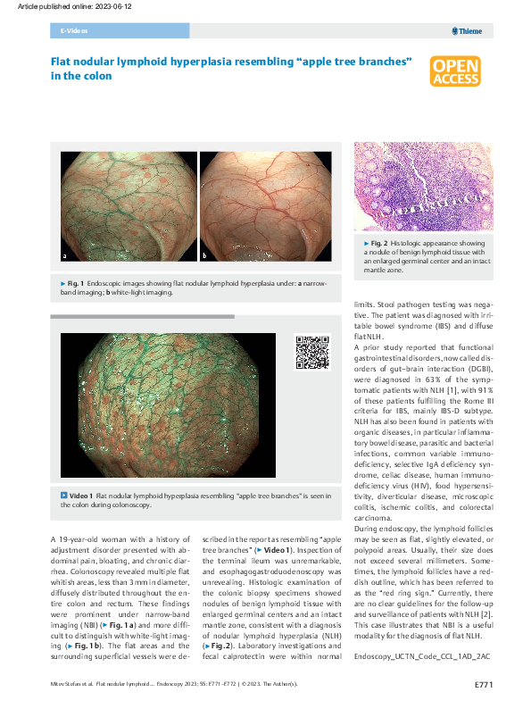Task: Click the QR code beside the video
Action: tap(311, 352)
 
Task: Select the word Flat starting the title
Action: tap(61, 62)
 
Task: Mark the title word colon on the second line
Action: tap(98, 77)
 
